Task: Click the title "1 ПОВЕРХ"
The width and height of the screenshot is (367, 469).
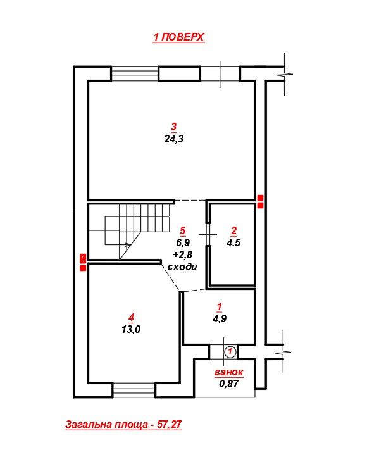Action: click(178, 37)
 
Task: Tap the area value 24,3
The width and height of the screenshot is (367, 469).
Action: click(173, 139)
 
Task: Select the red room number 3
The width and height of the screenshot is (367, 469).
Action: click(174, 127)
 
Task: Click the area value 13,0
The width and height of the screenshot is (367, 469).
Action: click(131, 329)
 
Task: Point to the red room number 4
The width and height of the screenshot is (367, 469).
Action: click(131, 317)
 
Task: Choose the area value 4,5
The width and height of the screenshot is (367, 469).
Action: click(233, 242)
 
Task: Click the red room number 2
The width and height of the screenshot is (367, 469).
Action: click(234, 230)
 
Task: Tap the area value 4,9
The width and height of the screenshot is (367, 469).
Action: click(219, 318)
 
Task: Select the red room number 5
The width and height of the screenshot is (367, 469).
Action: click(182, 230)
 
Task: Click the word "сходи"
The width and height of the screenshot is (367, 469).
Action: click(182, 266)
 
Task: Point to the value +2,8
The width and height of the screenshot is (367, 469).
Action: click(182, 254)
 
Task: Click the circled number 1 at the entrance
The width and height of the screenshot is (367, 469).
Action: click(230, 351)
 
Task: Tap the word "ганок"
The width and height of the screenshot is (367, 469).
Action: click(228, 372)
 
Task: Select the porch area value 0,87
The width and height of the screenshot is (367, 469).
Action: click(228, 384)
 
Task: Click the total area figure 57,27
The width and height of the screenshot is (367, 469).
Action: click(170, 424)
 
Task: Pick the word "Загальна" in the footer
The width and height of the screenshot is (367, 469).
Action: click(86, 424)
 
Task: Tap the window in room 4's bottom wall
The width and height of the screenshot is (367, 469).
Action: click(134, 390)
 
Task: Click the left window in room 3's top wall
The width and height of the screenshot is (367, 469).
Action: click(135, 73)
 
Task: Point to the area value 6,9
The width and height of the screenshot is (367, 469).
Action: click(182, 242)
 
